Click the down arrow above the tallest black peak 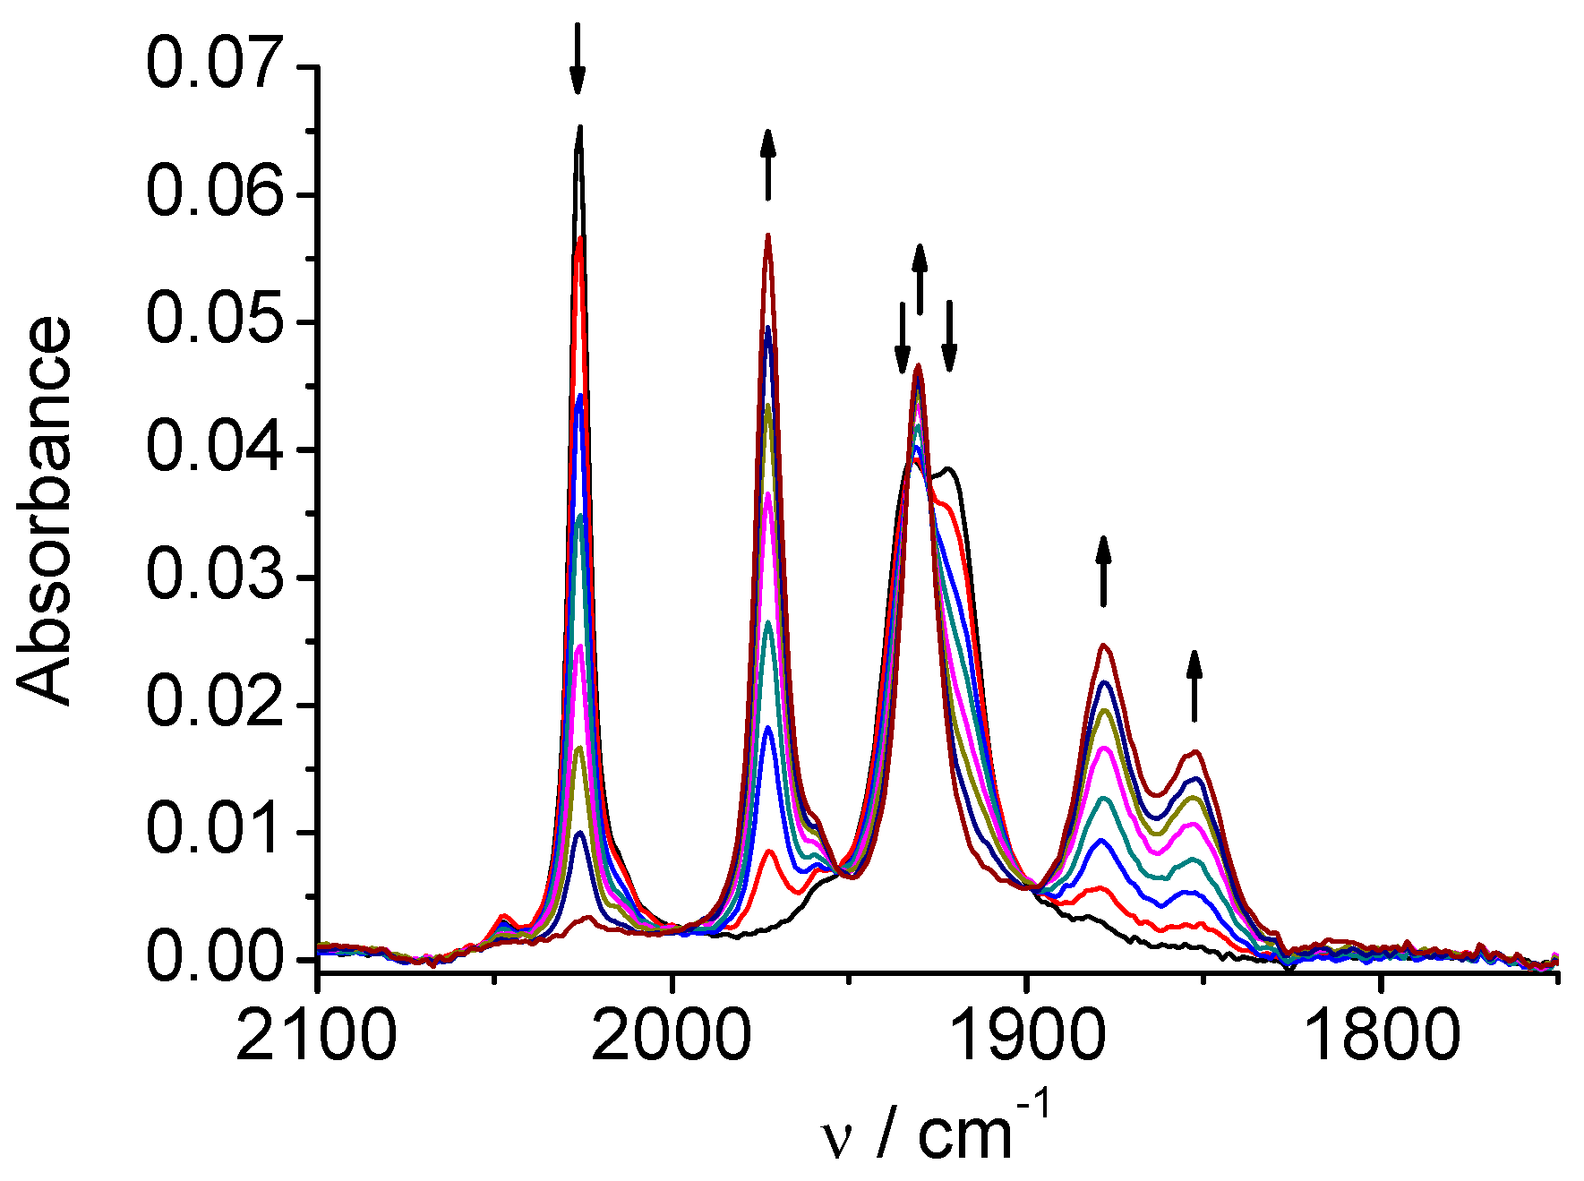pyautogui.click(x=578, y=58)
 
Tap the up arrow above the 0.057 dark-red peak pyautogui.click(x=767, y=164)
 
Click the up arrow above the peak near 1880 pyautogui.click(x=1103, y=570)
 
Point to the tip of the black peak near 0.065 pyautogui.click(x=580, y=128)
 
